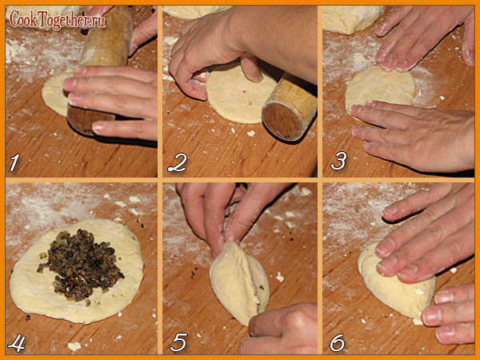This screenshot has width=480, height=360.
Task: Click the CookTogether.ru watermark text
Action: coord(58,19)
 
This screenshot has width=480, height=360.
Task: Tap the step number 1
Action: coord(14,162)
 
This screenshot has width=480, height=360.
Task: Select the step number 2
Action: coord(177,163)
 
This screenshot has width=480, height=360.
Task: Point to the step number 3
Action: coord(339,161)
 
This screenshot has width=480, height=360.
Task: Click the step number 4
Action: coord(17,343)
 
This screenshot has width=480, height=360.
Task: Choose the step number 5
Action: coord(178,342)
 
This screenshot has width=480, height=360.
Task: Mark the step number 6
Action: coord(338,342)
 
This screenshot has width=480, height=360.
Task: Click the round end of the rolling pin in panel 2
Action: coord(280,121)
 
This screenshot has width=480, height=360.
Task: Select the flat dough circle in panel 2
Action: coord(238,95)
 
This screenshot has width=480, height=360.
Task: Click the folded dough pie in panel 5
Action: coord(238,282)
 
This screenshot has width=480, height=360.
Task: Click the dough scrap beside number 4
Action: coord(74,346)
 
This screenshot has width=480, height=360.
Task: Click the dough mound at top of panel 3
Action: coord(352,18)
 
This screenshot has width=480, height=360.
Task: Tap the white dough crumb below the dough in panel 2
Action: coord(251,133)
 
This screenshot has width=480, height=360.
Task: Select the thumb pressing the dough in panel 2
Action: coord(252,69)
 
